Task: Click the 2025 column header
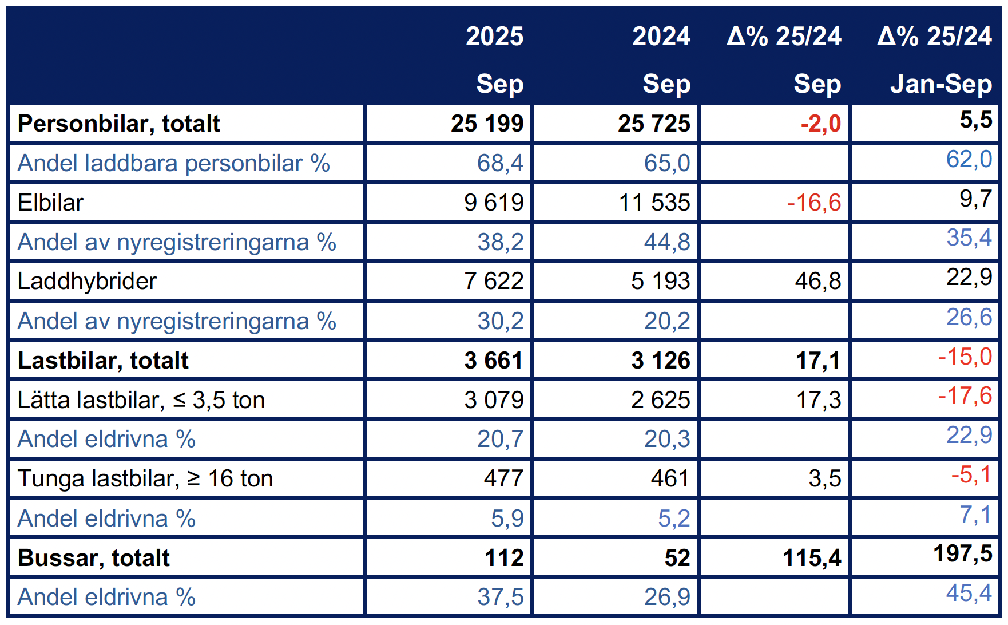click(494, 37)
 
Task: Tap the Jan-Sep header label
click(940, 84)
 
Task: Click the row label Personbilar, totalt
click(118, 124)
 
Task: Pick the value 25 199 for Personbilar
click(487, 124)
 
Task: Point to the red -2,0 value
click(820, 124)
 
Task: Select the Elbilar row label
click(50, 203)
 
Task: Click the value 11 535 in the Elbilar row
click(654, 203)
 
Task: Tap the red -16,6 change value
click(813, 203)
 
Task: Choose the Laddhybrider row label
click(87, 281)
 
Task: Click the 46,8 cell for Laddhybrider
click(817, 281)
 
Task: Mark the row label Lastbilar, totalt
click(103, 361)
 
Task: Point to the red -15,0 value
click(965, 357)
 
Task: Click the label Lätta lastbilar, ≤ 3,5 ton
click(141, 400)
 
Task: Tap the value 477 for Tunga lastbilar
click(503, 478)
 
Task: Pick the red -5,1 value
click(971, 475)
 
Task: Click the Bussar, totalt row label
click(94, 558)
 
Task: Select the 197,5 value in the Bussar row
click(962, 554)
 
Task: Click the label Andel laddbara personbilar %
click(173, 163)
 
